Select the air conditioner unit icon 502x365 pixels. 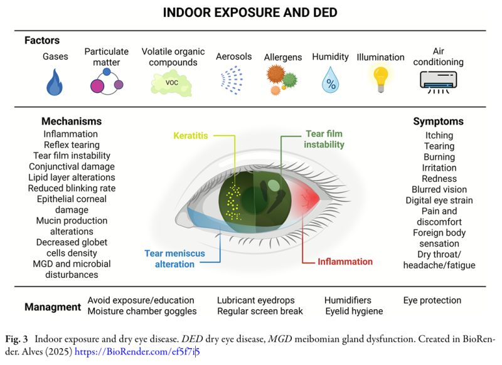[439, 80]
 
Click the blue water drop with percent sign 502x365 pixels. [330, 81]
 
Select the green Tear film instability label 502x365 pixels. [324, 139]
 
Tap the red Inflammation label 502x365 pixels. [345, 262]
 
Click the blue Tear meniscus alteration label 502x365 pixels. [171, 258]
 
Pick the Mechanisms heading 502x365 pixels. [71, 121]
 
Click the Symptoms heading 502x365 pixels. [438, 121]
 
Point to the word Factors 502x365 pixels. [42, 40]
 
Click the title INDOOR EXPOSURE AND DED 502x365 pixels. [250, 13]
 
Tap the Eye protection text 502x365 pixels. [432, 300]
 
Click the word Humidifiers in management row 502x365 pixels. [348, 300]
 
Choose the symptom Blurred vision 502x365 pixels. [439, 189]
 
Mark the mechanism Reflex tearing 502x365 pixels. [71, 145]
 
